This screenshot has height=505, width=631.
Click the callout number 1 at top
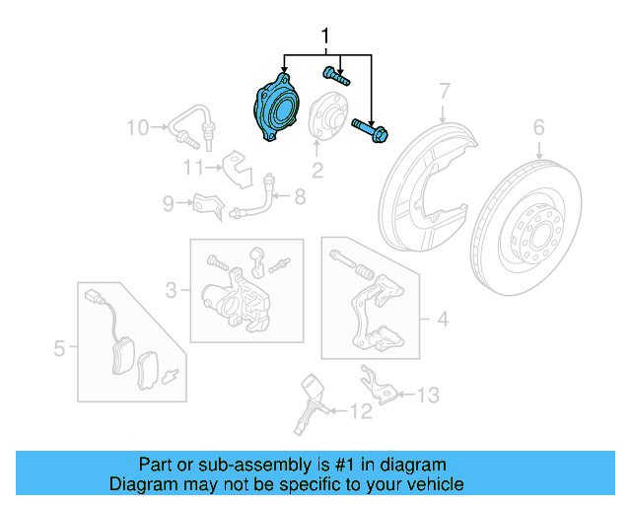pyautogui.click(x=326, y=37)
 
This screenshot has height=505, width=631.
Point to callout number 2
pyautogui.click(x=317, y=172)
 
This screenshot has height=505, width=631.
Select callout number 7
pyautogui.click(x=444, y=91)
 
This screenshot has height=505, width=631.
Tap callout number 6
pyautogui.click(x=538, y=126)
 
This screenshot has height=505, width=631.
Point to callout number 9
pyautogui.click(x=169, y=204)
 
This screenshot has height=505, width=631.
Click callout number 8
pyautogui.click(x=299, y=197)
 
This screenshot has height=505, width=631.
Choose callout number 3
pyautogui.click(x=172, y=290)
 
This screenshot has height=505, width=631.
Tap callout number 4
pyautogui.click(x=442, y=319)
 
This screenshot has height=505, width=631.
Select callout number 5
pyautogui.click(x=59, y=347)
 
